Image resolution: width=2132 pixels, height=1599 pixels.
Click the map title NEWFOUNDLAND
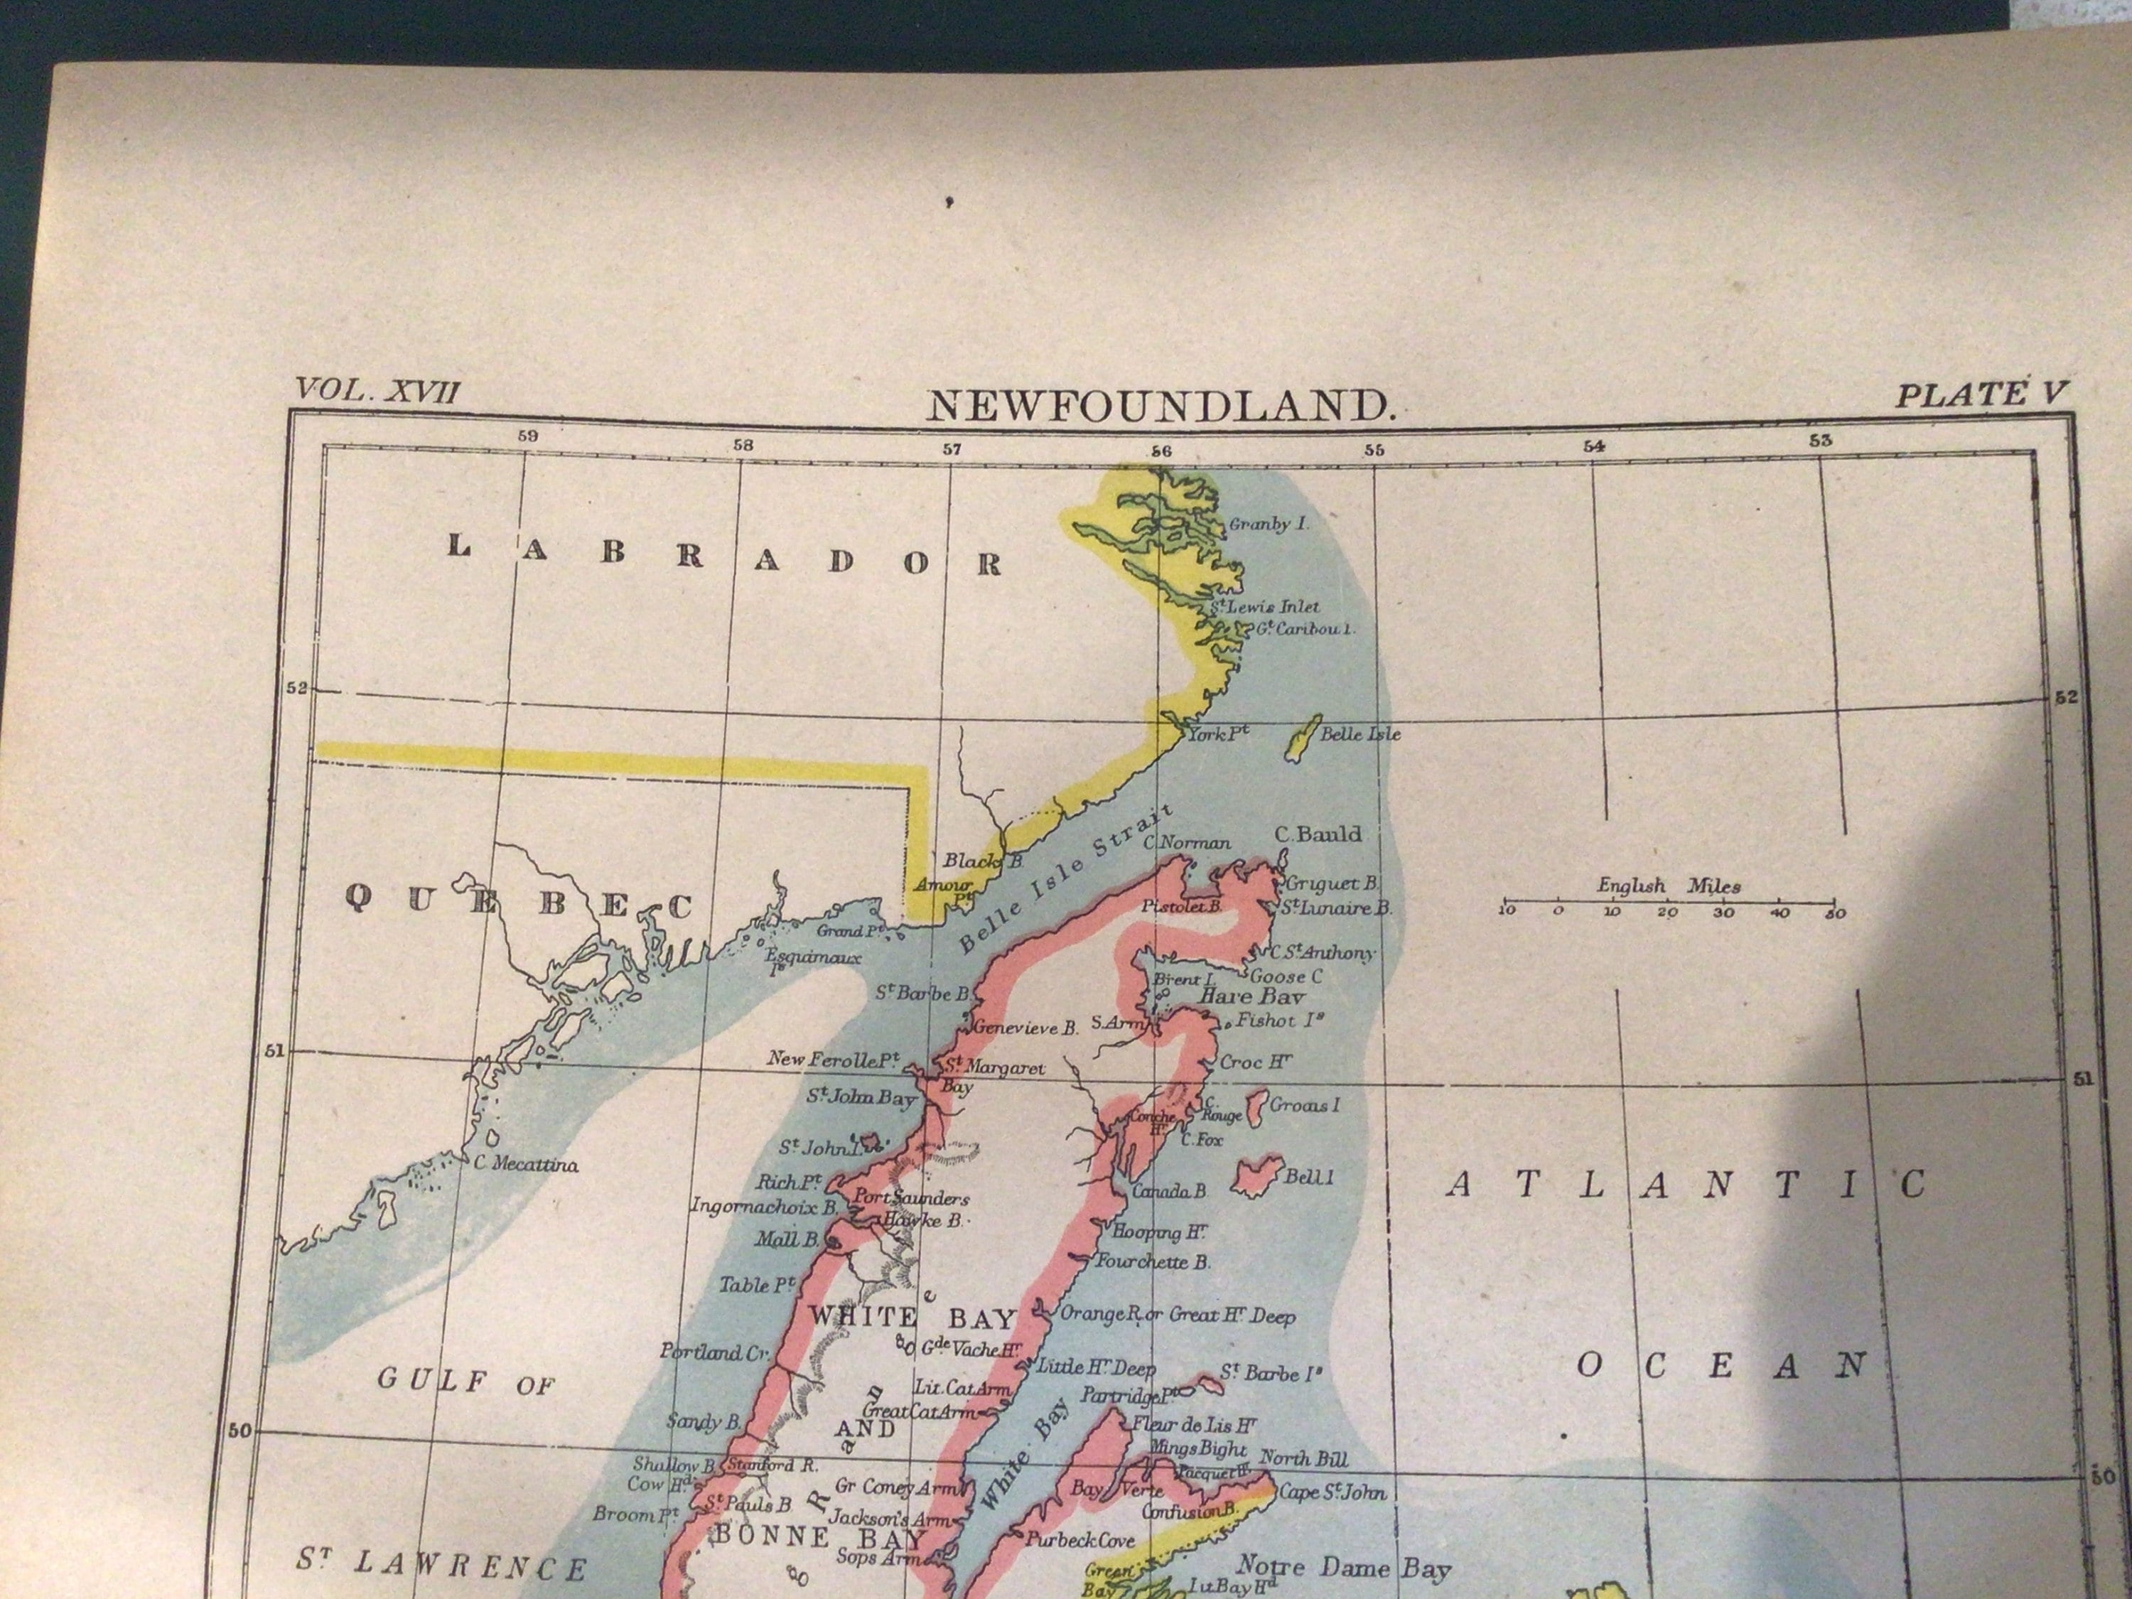click(x=1161, y=407)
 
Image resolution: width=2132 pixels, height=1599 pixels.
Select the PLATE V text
click(x=1981, y=395)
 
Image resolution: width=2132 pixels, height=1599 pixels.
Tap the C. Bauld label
click(x=1318, y=834)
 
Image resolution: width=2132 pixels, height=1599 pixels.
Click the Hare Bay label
click(x=1250, y=996)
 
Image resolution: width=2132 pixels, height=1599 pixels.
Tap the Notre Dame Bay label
click(x=1342, y=1566)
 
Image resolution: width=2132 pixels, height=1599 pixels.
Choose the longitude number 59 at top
click(x=527, y=436)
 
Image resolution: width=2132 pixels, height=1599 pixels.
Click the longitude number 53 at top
click(x=1820, y=441)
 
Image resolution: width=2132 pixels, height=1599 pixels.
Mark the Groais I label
click(x=1304, y=1104)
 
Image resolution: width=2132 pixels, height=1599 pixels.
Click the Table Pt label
click(x=758, y=1285)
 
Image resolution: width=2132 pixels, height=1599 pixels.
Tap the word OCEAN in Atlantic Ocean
click(x=1721, y=1366)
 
